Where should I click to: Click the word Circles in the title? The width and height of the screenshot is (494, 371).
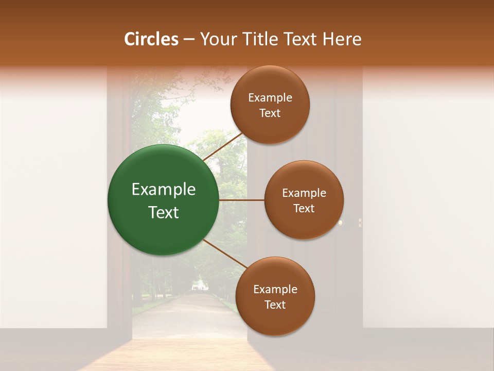click(151, 39)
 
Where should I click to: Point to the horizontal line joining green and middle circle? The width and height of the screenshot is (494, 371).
click(242, 200)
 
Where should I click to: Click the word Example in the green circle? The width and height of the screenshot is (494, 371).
click(164, 190)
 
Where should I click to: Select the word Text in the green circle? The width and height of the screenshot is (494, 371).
click(164, 212)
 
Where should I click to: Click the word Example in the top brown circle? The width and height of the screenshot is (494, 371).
click(270, 97)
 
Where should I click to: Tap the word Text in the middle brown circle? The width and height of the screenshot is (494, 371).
click(304, 208)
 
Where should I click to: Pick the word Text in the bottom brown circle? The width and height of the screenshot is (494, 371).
click(275, 305)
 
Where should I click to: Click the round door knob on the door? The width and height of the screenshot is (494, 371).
click(341, 223)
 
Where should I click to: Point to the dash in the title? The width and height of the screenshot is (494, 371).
click(188, 40)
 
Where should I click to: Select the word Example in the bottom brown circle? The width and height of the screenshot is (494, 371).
click(275, 289)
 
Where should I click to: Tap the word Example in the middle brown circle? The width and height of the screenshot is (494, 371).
click(304, 193)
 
